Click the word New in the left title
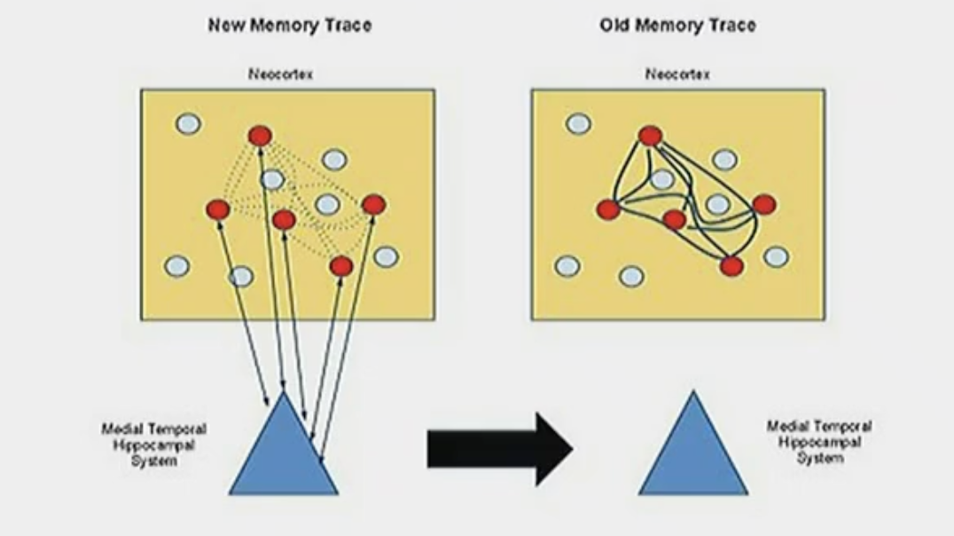coord(227,25)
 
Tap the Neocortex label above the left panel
coord(280,75)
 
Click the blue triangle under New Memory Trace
coord(283,453)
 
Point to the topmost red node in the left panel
coord(260,136)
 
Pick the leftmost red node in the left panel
coord(218,209)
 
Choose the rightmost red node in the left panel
coord(373,205)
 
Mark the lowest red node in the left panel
coord(341,265)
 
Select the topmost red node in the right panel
coord(650,136)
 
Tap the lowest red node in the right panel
coord(731,265)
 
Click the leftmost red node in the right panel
coord(608,209)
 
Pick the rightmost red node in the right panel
coord(763,205)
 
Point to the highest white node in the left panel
coord(188,123)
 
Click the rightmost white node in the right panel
coord(776,256)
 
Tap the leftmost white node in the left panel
coord(176,265)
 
